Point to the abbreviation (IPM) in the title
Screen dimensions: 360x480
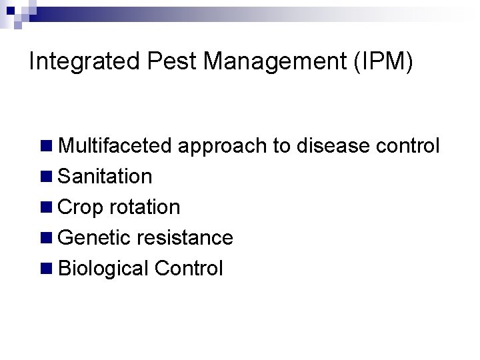[x=385, y=62]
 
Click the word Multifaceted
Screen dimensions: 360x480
[x=115, y=145]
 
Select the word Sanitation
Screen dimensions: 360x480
[x=105, y=177]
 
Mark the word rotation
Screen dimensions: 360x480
[x=145, y=207]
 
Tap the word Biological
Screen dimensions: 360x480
[x=103, y=269]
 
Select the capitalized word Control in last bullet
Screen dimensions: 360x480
[x=189, y=269]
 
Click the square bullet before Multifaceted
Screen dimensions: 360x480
[x=46, y=145]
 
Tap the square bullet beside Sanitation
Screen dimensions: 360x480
[x=46, y=177]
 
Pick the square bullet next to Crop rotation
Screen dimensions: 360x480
[x=46, y=207]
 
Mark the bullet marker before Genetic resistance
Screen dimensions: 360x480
[x=46, y=238]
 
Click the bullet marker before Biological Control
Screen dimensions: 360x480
[x=46, y=269]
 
